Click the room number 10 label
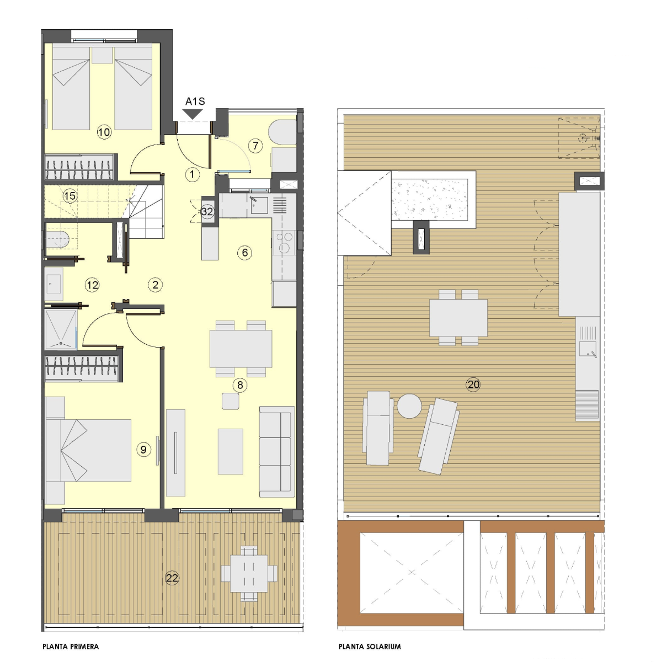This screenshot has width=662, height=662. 104,132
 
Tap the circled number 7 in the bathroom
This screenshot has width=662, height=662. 255,146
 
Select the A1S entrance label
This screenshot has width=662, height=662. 195,102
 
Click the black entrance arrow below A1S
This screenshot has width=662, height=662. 193,114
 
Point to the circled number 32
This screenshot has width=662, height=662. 207,212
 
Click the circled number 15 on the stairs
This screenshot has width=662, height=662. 70,196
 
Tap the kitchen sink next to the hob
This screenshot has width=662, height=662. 259,205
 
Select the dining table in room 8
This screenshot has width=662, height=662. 241,349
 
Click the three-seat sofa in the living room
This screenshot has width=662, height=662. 277,451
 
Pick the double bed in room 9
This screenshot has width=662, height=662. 88,450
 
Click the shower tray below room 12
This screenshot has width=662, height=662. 61,329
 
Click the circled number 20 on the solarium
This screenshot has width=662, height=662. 473,384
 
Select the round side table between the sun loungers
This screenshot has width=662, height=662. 409,405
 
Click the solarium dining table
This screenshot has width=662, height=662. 458,318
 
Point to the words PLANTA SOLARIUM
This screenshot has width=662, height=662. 370,647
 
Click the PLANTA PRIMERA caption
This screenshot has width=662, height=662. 71,647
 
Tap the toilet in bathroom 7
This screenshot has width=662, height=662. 282,132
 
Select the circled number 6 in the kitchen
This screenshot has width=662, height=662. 244,253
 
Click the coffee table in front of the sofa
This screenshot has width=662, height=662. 230,451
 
